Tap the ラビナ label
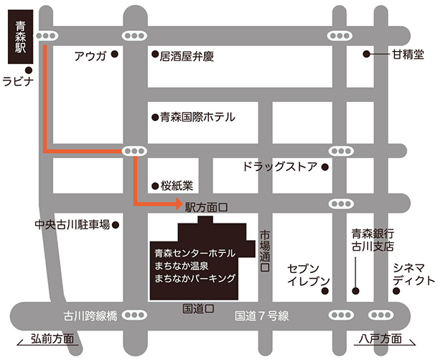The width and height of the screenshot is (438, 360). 19,82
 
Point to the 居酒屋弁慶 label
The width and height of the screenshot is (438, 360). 188,56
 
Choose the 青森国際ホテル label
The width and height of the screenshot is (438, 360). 197,116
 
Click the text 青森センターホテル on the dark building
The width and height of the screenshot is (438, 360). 194,253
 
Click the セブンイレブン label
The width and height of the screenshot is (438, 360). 308,274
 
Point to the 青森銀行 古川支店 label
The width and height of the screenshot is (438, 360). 372,240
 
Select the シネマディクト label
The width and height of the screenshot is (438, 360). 414,274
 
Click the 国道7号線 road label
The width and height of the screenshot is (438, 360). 262,315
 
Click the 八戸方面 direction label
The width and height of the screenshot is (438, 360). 379,339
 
